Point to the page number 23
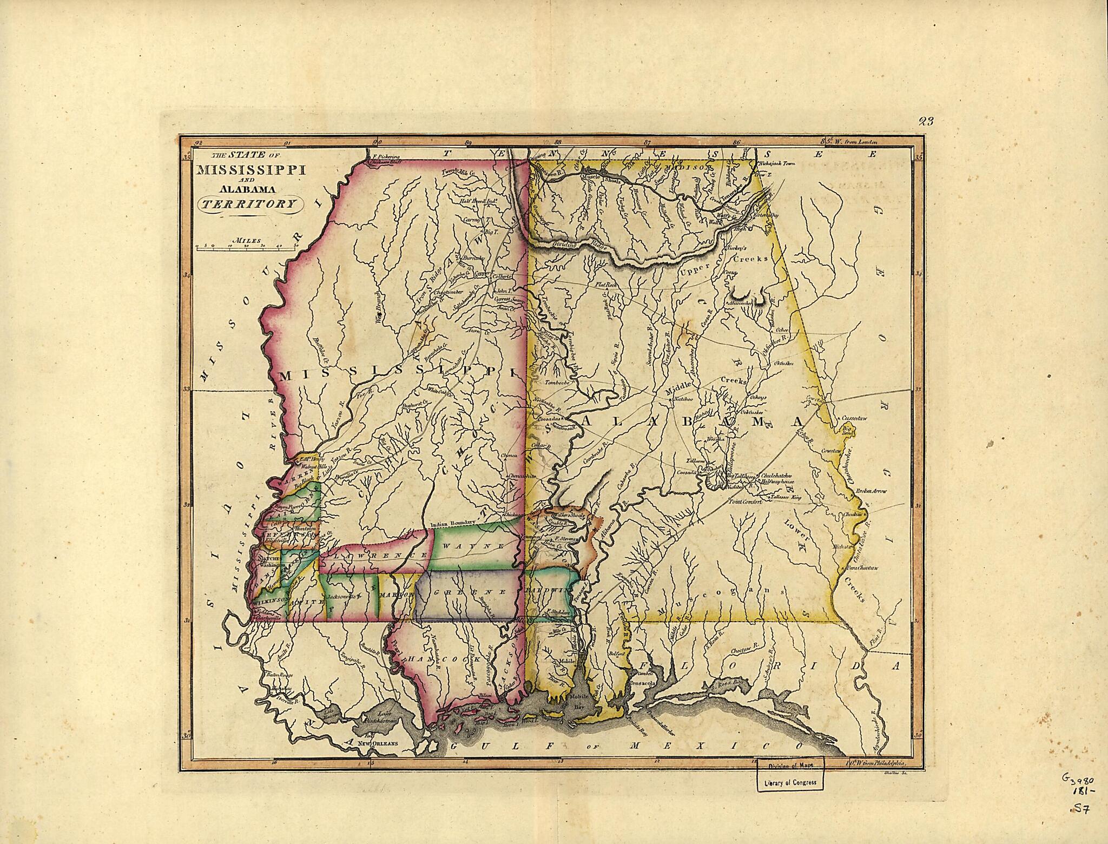pyautogui.click(x=926, y=121)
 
